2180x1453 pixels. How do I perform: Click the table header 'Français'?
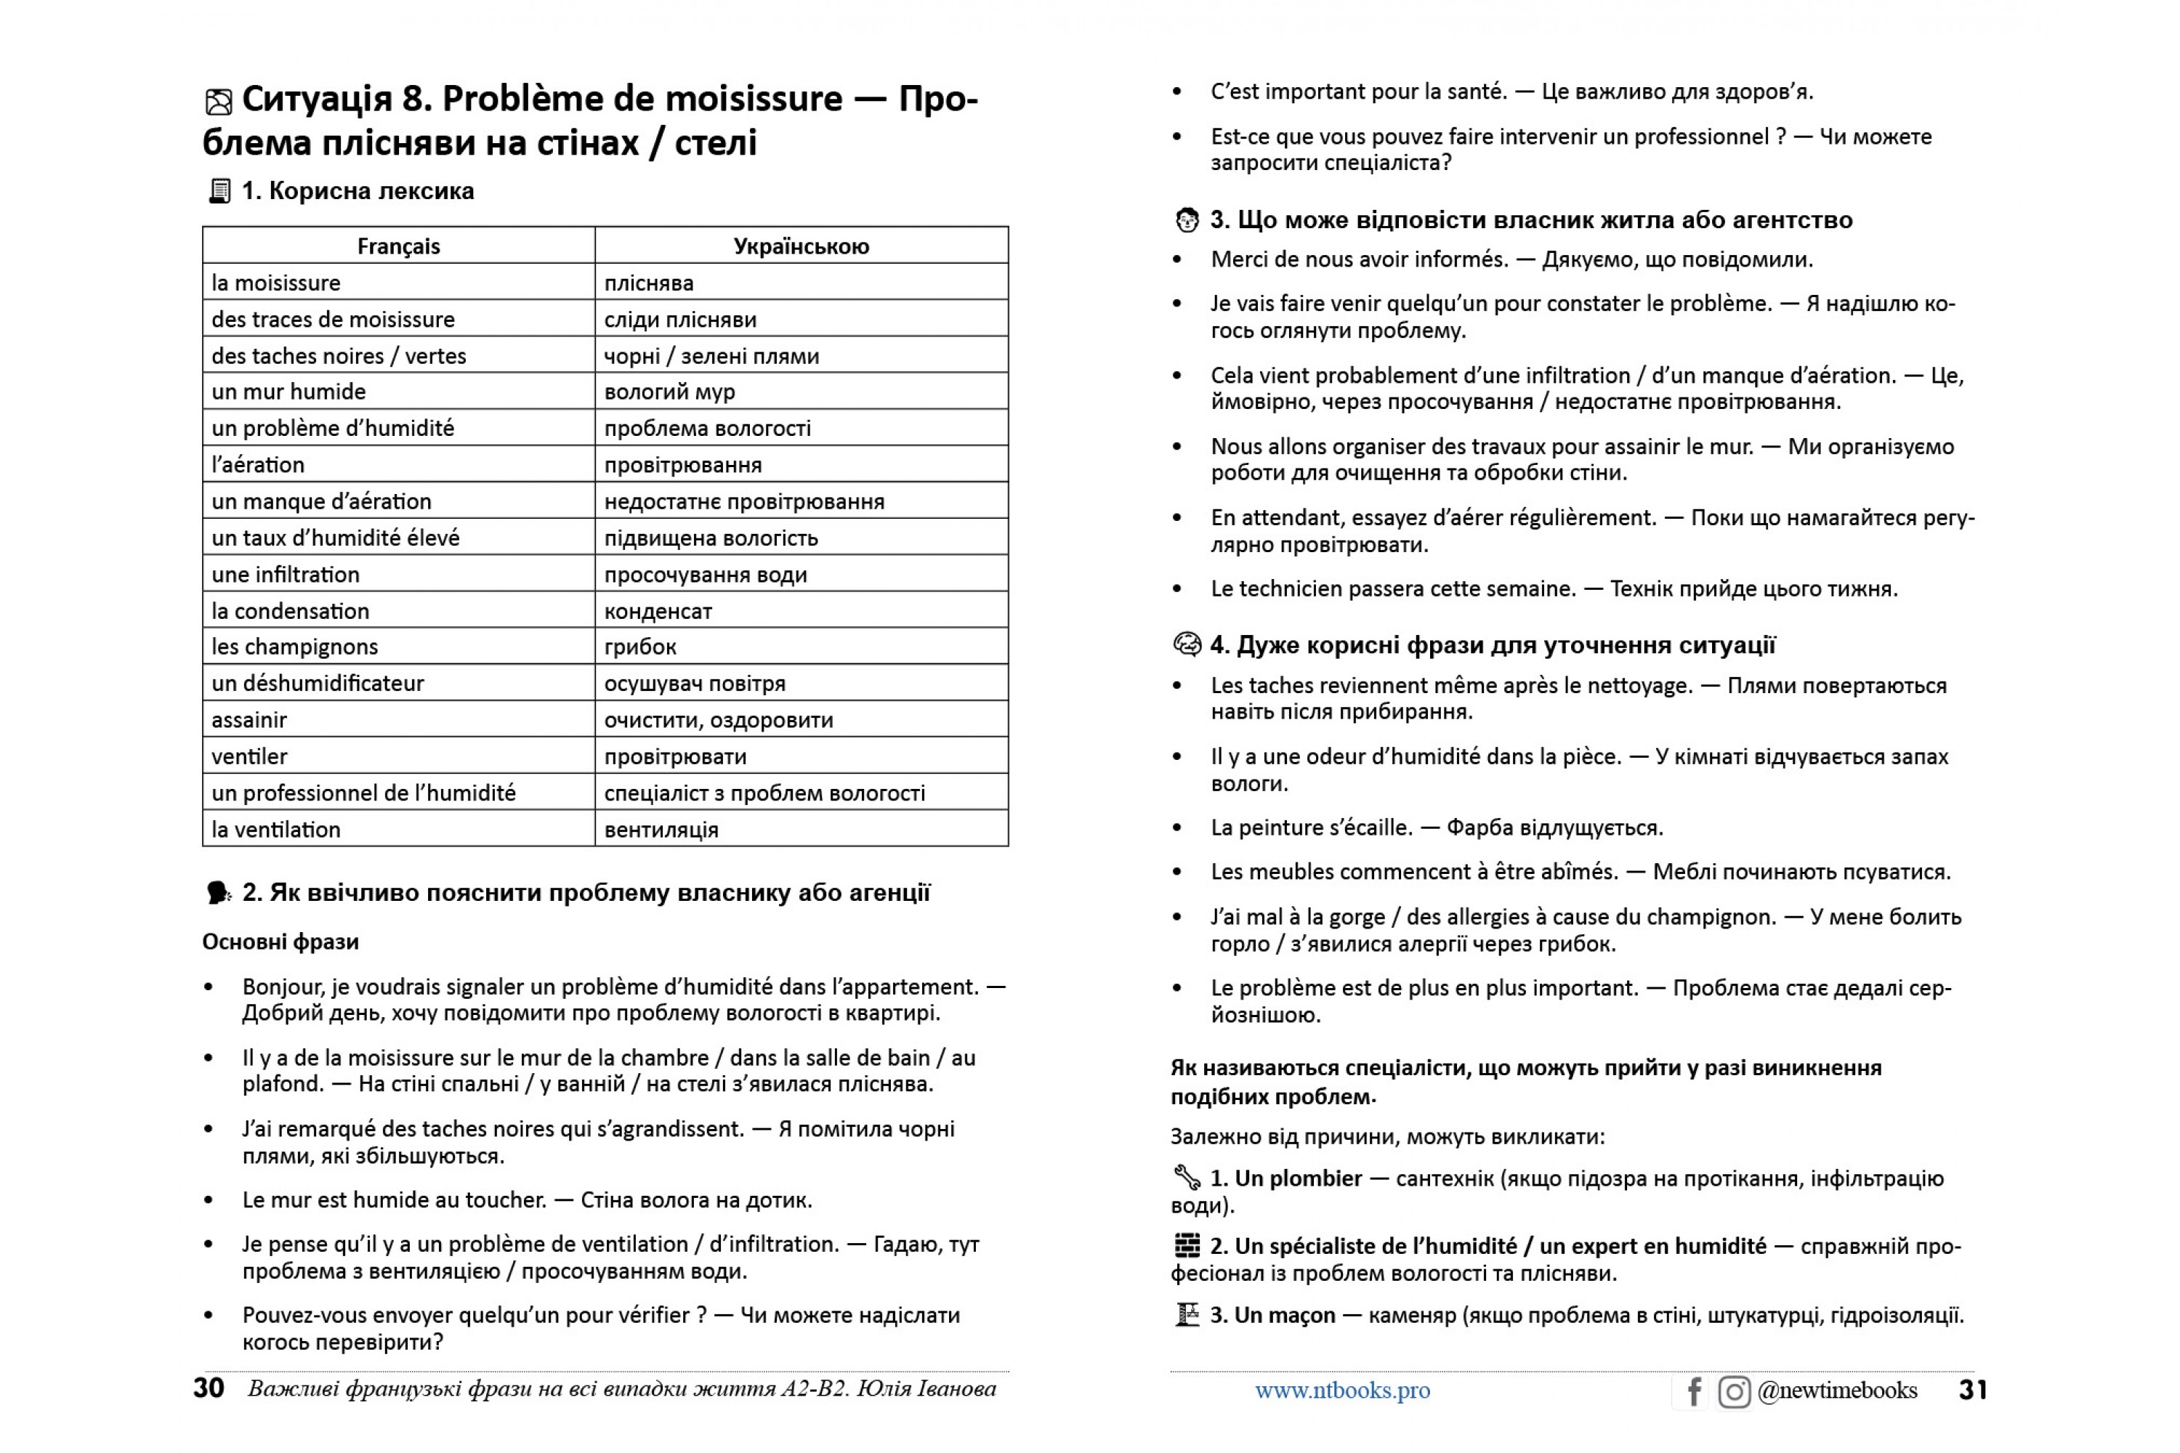point(398,246)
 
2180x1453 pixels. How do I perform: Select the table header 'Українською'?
point(801,246)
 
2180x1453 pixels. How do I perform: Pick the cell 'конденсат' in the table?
point(658,612)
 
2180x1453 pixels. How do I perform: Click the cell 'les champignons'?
point(295,647)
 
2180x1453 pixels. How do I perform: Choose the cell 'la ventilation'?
point(276,830)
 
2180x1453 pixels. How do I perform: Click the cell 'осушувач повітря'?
point(694,684)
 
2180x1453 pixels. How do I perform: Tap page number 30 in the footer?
point(209,1388)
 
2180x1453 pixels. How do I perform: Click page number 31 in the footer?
point(1972,1390)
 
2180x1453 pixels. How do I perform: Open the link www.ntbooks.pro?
point(1342,1390)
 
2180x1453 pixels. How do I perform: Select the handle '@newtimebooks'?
point(1837,1390)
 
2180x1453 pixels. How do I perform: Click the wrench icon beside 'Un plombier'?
point(1187,1178)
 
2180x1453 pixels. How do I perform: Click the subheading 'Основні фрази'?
point(280,942)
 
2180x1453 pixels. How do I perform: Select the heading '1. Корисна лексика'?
point(358,191)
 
